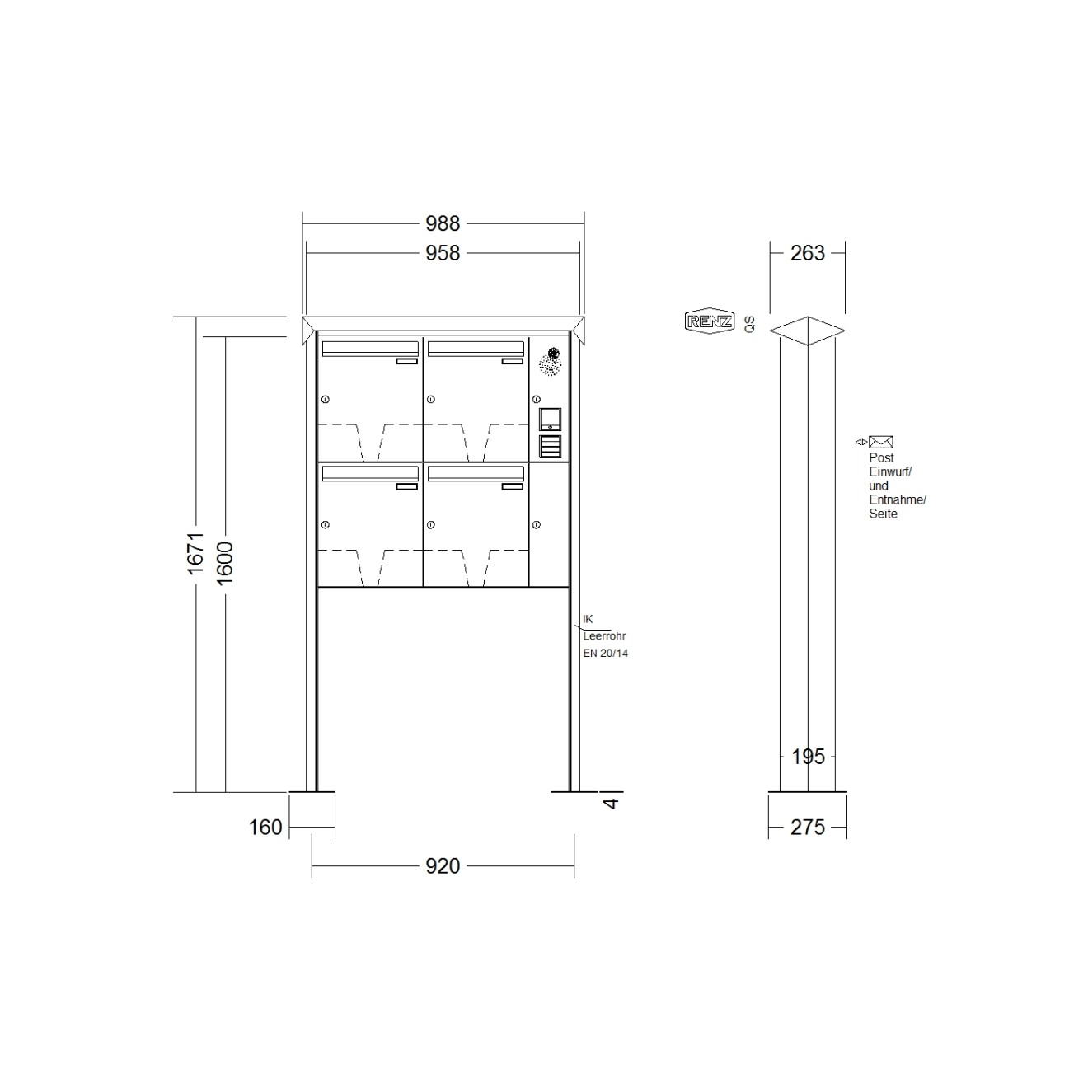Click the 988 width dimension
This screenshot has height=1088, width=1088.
pyautogui.click(x=443, y=223)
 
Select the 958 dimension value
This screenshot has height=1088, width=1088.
pyautogui.click(x=443, y=253)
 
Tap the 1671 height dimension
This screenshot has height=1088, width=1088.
pyautogui.click(x=195, y=553)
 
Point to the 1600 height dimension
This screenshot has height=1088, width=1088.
pyautogui.click(x=225, y=563)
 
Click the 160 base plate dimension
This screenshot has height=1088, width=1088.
pyautogui.click(x=265, y=828)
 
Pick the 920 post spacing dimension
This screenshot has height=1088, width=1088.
pyautogui.click(x=443, y=865)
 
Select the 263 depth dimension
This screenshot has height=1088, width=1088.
pyautogui.click(x=808, y=253)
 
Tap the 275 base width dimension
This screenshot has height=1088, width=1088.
pyautogui.click(x=808, y=828)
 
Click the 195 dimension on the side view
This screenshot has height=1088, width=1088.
pyautogui.click(x=808, y=757)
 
